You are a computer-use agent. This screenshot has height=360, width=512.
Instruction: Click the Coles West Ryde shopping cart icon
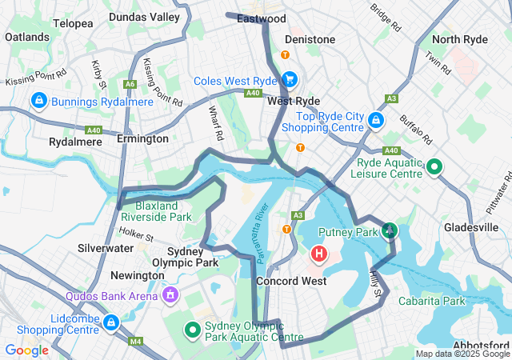coord(289,80)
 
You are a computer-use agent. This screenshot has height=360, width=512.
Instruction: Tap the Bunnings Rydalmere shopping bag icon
coord(38,101)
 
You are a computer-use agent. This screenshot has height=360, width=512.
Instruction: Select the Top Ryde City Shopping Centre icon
coord(376,121)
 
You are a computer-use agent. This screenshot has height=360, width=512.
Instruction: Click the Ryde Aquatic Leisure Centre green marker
coord(434,166)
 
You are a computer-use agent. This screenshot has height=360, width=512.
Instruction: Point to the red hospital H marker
coord(318,255)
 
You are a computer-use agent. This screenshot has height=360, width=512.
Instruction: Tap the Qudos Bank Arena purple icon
coord(170,295)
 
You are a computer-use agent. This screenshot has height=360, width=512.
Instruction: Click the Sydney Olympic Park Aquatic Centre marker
coord(193,329)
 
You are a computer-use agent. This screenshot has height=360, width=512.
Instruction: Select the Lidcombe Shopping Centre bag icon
coord(111,323)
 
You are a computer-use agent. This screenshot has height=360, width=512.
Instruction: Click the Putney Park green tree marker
coord(389,232)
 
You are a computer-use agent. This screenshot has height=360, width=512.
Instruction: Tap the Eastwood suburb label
coord(262,18)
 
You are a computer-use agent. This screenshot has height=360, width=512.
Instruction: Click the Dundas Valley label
coord(122,16)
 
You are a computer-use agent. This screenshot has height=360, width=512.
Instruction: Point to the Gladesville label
coord(471,227)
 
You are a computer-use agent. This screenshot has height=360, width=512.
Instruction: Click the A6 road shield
coord(129,83)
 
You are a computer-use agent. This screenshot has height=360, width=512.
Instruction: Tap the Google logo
coord(26,350)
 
